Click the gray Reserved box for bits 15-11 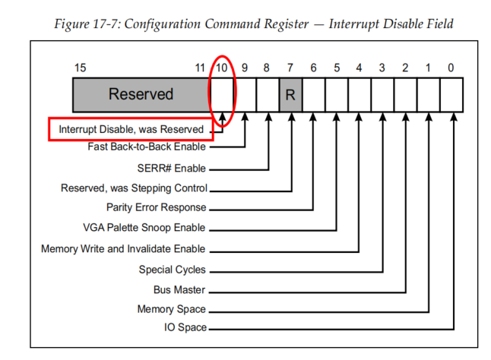141,94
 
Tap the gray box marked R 290,94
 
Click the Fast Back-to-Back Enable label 147,147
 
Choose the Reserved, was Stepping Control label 134,188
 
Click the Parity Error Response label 156,207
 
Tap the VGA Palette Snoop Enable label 144,228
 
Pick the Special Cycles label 172,269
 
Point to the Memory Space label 171,309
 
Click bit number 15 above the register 80,68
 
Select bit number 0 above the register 451,68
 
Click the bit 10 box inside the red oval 222,94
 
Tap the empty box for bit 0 451,94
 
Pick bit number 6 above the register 313,68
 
